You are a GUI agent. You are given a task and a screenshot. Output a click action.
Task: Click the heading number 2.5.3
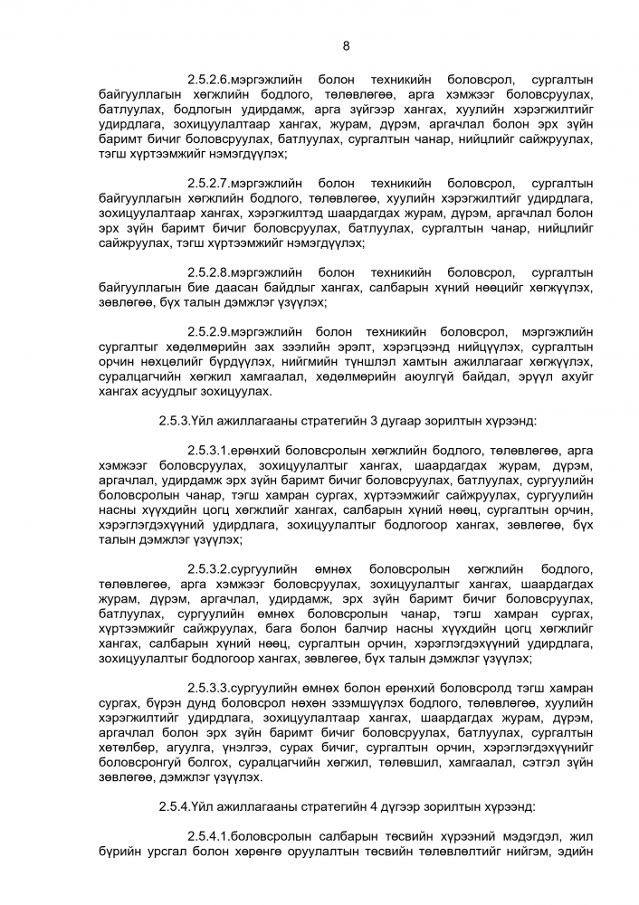pos(177,420)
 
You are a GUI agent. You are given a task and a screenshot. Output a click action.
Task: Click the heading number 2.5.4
pos(177,804)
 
